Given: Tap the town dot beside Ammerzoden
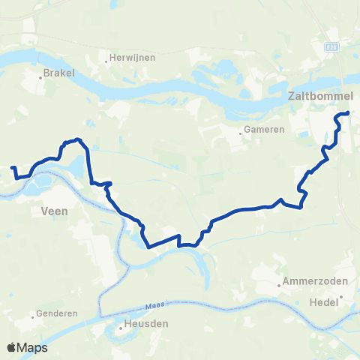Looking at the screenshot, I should tap(280, 284).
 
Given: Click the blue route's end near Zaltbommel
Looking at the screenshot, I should tap(348, 112).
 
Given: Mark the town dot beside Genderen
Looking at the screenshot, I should tap(34, 314).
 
